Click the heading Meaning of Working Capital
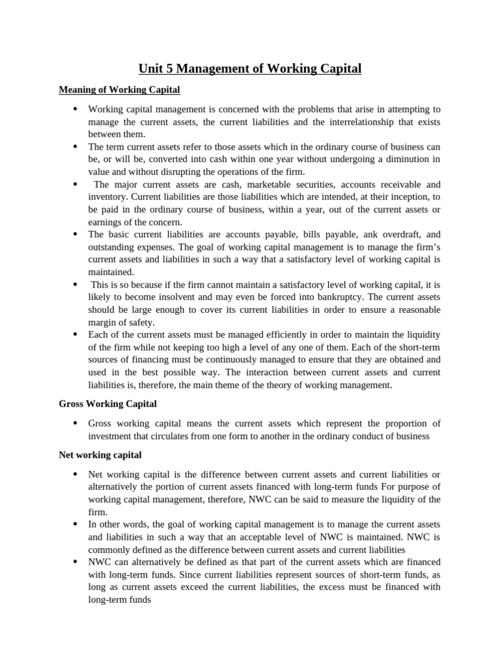119,89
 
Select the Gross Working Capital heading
107,404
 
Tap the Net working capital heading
100,455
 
